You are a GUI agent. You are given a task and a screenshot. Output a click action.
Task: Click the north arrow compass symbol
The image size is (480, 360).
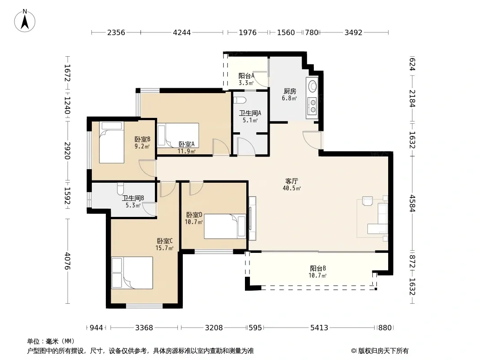25,21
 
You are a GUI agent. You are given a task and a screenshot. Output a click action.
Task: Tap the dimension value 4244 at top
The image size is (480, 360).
182,32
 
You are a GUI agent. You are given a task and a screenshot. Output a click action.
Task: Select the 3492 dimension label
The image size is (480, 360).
353,32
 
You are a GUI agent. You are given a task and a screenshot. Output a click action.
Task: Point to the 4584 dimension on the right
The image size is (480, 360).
412,203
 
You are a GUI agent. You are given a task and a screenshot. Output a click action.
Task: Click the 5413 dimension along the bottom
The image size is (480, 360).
319,328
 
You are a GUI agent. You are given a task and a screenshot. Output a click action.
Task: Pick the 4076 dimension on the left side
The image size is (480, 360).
68,261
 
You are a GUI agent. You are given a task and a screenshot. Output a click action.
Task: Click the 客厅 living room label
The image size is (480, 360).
291,181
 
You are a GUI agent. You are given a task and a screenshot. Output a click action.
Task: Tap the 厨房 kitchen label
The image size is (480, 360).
290,91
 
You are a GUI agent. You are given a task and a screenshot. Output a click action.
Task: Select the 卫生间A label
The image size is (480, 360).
250,113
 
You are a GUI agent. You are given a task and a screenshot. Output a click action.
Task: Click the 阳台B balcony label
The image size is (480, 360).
318,269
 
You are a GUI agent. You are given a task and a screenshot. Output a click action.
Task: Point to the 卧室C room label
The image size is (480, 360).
165,241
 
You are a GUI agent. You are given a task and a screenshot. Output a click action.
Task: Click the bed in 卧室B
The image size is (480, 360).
111,142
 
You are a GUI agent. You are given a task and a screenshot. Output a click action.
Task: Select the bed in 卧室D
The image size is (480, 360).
225,226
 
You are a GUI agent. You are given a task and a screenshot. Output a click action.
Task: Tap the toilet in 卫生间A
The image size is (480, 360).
240,100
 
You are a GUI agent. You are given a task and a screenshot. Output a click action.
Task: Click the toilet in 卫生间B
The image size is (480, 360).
120,189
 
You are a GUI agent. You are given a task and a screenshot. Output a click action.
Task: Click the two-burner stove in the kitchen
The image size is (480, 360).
312,106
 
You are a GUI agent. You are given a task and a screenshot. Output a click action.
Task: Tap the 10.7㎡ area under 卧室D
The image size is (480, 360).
194,222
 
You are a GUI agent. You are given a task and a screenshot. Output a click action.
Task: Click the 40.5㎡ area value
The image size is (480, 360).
292,188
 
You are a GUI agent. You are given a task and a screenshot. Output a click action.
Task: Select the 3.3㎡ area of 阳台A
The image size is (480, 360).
246,83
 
